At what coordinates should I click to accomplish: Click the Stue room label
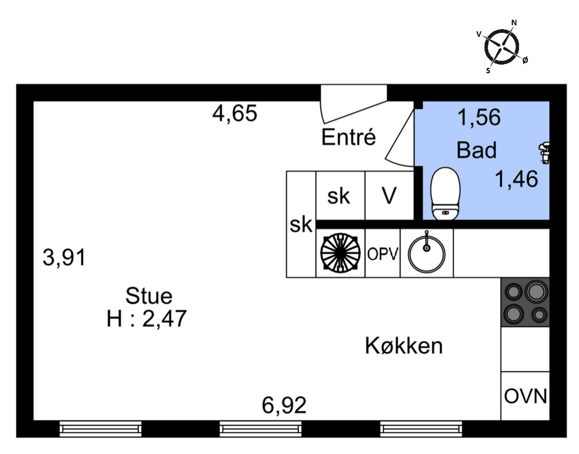pyautogui.click(x=149, y=296)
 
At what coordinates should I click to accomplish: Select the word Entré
pyautogui.click(x=348, y=137)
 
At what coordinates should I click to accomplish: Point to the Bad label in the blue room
pyautogui.click(x=476, y=150)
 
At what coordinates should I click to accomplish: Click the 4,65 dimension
pyautogui.click(x=235, y=114)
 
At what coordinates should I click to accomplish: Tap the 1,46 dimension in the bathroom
pyautogui.click(x=516, y=179)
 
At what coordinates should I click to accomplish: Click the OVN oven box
pyautogui.click(x=525, y=396)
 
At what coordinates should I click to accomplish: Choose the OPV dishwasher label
pyautogui.click(x=382, y=254)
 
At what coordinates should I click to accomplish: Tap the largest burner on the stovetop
pyautogui.click(x=536, y=292)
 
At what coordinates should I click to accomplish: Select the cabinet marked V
pyautogui.click(x=389, y=195)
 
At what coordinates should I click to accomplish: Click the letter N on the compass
pyautogui.click(x=514, y=23)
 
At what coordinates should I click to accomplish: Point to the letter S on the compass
pyautogui.click(x=488, y=71)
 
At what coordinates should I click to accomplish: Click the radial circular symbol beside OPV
pyautogui.click(x=340, y=253)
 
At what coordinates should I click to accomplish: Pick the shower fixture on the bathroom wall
pyautogui.click(x=544, y=153)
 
